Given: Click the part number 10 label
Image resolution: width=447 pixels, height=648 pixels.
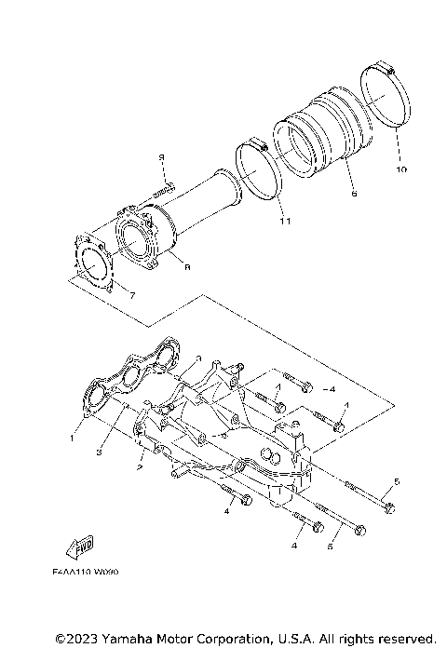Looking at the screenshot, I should click(401, 170).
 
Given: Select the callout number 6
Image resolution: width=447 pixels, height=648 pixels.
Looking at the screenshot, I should click(354, 195).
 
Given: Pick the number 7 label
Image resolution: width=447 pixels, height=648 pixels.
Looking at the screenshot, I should click(133, 295).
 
